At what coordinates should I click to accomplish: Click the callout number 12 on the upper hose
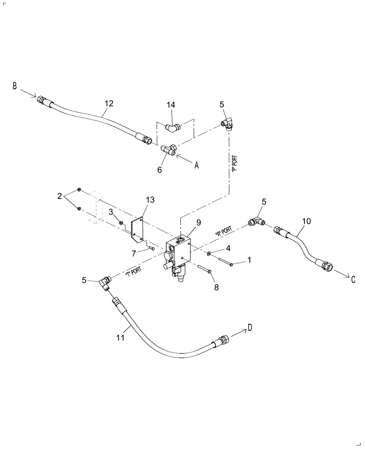[x=109, y=103]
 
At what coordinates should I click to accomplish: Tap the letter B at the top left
[x=14, y=86]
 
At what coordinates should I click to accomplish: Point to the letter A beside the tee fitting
[x=196, y=165]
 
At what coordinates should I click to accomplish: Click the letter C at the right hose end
[x=353, y=280]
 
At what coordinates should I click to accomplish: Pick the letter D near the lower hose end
[x=250, y=329]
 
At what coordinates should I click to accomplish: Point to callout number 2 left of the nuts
[x=59, y=196]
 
